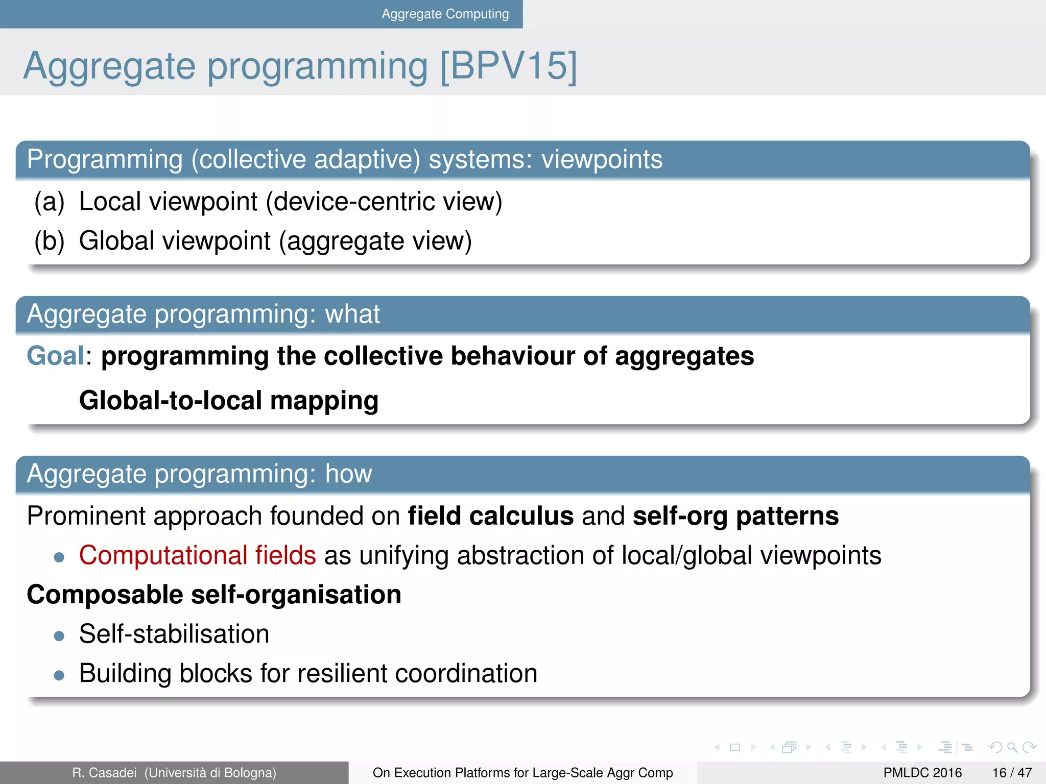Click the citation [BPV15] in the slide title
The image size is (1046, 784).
tap(508, 66)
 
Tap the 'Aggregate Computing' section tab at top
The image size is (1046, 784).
tap(445, 14)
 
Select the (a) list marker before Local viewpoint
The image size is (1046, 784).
tap(50, 202)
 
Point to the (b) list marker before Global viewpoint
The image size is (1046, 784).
tap(50, 241)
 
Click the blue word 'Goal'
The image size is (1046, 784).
tap(55, 356)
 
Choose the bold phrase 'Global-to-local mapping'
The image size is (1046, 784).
tap(229, 400)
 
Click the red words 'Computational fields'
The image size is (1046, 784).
tap(197, 555)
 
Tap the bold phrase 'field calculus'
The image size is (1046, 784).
tap(490, 516)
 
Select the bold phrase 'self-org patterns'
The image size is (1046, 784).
tap(735, 516)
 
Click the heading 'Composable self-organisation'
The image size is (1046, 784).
tap(214, 595)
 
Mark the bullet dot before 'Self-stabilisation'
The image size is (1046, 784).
tap(59, 636)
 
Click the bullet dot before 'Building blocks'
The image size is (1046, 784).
tap(59, 675)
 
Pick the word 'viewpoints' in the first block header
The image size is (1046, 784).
tap(602, 159)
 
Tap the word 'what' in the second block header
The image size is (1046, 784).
tap(352, 314)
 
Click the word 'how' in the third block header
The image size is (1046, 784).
tap(349, 474)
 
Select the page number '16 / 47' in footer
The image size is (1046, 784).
tap(1012, 773)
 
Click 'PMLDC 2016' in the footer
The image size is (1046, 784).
tap(922, 773)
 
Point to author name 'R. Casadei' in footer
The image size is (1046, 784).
tap(104, 773)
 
